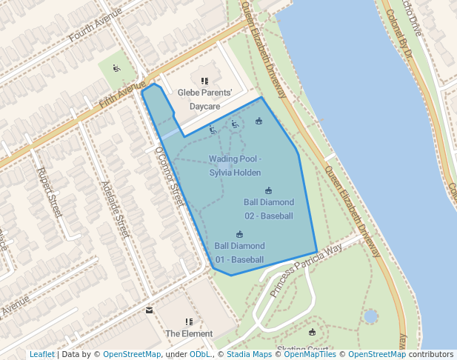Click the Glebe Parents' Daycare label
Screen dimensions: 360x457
(204, 100)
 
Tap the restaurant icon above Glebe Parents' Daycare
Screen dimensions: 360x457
(204, 81)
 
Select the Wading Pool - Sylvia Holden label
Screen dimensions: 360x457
(235, 166)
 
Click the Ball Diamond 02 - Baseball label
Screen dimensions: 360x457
(268, 209)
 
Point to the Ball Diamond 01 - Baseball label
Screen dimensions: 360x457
(239, 253)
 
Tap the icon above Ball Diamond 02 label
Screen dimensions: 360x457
(268, 190)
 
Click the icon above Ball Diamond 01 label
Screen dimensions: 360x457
(239, 234)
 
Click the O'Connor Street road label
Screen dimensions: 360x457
(169, 176)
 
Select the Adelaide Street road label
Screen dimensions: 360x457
(115, 210)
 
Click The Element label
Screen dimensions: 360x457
(189, 334)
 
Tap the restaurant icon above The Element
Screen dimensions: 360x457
(189, 321)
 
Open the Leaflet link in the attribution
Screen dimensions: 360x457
(41, 354)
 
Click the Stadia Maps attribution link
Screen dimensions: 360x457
(248, 354)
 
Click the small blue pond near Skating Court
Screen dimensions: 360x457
(370, 317)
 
